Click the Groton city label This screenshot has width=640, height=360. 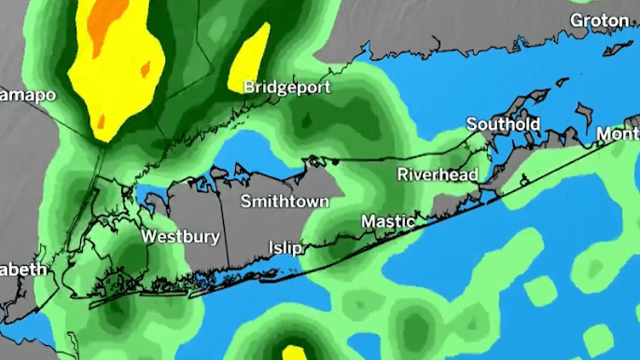599,20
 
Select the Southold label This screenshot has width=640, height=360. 503,124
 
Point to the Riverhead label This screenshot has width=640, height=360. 438,174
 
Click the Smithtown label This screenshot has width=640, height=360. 284,201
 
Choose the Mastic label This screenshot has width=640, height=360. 387,222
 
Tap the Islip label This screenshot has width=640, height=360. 285,247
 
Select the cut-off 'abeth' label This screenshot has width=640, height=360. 23,270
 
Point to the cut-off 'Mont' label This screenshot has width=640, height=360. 619,134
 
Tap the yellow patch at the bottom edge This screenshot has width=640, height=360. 295,353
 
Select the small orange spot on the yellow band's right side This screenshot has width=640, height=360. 145,68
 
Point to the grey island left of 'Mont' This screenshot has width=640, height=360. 584,116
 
